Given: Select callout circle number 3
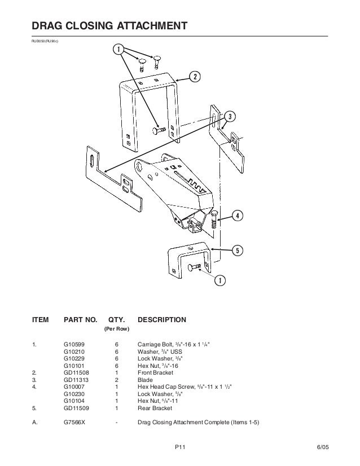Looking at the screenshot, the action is click(229, 116).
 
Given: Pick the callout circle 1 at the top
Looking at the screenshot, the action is click(118, 50).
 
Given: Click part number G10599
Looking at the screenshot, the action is click(74, 344).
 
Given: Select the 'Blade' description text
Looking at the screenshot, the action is click(146, 380).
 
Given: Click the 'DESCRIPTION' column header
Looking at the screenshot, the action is click(161, 320).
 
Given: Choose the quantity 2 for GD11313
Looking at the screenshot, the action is click(116, 380).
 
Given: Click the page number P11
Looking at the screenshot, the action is click(180, 447).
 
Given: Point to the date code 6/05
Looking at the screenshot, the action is click(322, 447).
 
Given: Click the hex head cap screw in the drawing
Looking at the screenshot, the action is click(214, 218).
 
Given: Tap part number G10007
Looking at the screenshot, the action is click(74, 386).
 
